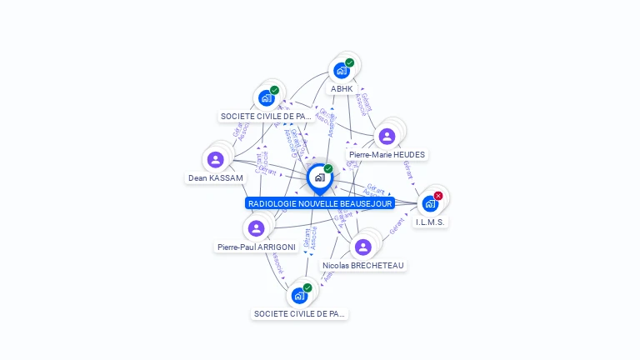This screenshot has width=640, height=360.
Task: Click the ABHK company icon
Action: click(341, 71)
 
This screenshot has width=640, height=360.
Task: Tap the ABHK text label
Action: click(342, 89)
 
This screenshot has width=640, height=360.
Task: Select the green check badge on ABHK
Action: click(350, 62)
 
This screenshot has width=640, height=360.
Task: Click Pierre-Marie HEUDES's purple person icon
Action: click(387, 136)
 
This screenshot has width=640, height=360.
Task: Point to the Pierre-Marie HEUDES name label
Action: click(387, 155)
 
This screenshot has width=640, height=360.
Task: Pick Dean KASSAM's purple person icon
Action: click(216, 159)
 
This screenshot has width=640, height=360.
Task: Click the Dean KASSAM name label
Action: click(216, 178)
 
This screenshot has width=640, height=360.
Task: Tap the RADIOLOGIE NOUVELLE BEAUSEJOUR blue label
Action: click(320, 203)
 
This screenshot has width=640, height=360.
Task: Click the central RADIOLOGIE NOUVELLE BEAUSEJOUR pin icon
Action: click(319, 177)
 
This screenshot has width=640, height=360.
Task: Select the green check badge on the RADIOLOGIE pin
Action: click(328, 169)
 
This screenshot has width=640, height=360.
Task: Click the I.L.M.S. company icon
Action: click(430, 203)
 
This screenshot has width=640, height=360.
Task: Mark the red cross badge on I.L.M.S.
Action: click(438, 196)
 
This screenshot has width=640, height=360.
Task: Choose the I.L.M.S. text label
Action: click(431, 222)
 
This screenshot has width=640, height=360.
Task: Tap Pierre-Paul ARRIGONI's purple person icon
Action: click(256, 227)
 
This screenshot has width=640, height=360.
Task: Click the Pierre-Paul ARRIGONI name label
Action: click(257, 247)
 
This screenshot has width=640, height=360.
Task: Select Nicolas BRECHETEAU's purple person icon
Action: click(362, 247)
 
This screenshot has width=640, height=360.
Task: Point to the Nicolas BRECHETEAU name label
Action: click(363, 266)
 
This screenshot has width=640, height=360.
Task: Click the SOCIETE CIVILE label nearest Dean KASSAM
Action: click(266, 117)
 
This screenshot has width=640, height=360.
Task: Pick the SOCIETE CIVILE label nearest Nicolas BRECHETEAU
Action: click(299, 314)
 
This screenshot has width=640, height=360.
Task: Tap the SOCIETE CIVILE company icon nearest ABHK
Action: click(266, 97)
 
